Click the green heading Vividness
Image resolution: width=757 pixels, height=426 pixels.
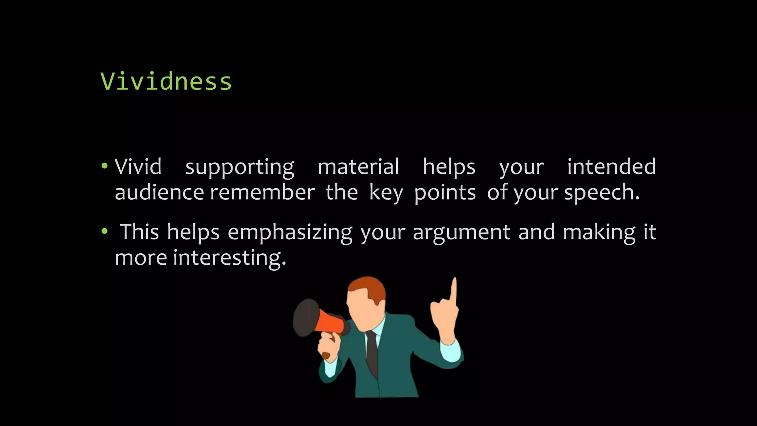[x=166, y=81]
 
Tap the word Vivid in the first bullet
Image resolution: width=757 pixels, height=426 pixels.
[x=138, y=167]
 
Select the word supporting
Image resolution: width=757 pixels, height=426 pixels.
[x=240, y=168]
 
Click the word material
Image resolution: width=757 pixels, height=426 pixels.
[x=358, y=167]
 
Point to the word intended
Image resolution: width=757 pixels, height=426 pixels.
[x=611, y=167]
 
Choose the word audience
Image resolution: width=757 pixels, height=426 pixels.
[x=159, y=193]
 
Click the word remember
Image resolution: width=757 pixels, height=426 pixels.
[x=262, y=193]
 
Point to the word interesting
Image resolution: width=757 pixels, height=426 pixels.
[x=229, y=258]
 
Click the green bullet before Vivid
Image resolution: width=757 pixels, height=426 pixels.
[x=104, y=166]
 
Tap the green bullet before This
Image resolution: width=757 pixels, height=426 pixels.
[x=105, y=232]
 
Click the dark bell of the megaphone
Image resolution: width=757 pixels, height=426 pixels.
[x=305, y=318]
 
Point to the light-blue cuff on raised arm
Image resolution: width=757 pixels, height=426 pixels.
[x=450, y=351]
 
